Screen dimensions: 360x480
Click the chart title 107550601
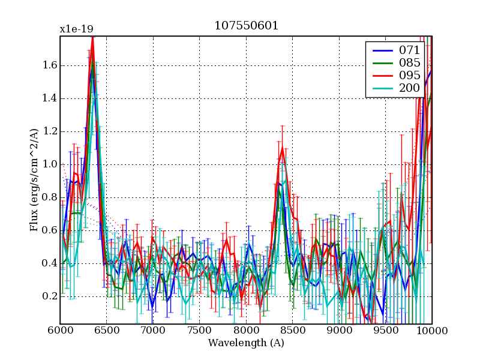(246, 26)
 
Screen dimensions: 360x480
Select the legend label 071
(410, 50)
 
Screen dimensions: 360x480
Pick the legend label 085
(410, 62)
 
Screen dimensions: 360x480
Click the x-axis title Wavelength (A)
(246, 343)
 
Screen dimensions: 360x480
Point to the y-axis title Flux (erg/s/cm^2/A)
(35, 180)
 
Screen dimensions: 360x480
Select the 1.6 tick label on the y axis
(49, 65)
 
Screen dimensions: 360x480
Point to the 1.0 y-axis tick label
(49, 164)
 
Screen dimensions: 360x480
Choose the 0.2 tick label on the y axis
(49, 296)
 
